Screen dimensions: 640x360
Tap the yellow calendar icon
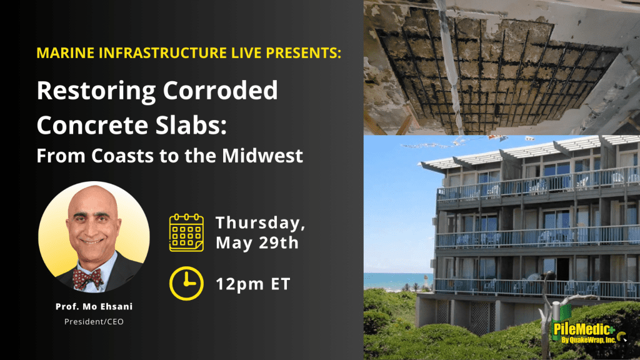(186, 232)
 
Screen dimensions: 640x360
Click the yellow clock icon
(186, 283)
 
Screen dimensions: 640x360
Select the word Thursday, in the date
(261, 223)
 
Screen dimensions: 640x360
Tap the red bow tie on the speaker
(87, 278)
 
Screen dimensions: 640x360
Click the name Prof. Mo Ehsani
(94, 306)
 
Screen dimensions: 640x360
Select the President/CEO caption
(94, 322)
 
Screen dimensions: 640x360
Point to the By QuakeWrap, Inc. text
(588, 339)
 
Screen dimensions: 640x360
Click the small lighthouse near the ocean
(424, 281)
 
